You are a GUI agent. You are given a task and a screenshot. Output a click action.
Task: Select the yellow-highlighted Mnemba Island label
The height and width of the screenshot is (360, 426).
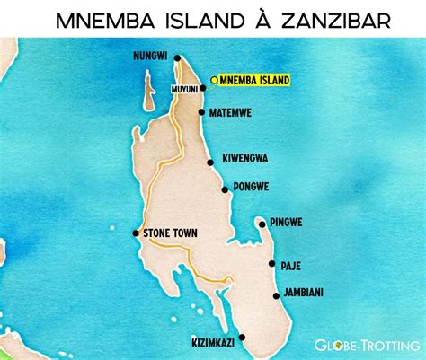point(254,81)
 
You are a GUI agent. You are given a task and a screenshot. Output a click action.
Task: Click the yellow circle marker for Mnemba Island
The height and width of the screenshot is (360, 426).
point(213,81)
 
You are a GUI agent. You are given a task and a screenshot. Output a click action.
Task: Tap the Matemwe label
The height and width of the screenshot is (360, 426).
point(232,114)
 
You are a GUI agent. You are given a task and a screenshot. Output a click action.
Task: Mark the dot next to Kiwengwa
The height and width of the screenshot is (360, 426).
point(211,162)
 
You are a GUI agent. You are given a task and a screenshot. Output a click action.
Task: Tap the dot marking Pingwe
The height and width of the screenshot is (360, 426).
point(261,222)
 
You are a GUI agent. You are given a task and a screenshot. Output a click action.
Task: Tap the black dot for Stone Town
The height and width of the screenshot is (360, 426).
point(137,234)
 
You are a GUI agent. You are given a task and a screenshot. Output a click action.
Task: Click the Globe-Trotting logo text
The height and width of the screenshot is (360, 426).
point(368,343)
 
